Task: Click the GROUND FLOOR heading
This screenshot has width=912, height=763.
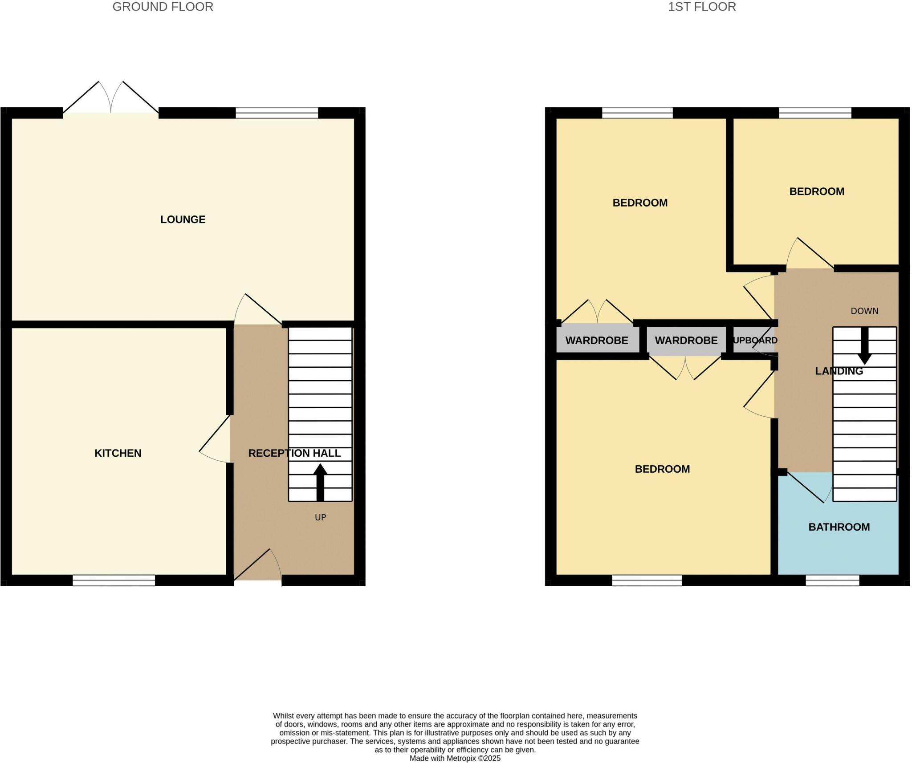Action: (163, 7)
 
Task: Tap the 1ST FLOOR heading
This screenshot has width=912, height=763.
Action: (702, 7)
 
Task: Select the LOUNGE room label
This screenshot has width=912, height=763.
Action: (183, 219)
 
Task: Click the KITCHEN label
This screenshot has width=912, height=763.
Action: (118, 453)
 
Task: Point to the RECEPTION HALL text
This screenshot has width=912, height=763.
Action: (294, 453)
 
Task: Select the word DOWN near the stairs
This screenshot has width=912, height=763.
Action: (864, 311)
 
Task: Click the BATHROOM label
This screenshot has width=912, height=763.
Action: (839, 527)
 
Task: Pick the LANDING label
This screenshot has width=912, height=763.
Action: (839, 371)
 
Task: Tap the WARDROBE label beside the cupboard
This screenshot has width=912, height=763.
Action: (686, 341)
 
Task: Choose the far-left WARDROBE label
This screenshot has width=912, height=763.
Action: (597, 341)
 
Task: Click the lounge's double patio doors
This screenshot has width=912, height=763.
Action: (111, 100)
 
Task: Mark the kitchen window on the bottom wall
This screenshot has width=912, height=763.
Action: (114, 580)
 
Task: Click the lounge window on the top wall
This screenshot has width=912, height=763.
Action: (277, 113)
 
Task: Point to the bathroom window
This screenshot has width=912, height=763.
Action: (832, 580)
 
